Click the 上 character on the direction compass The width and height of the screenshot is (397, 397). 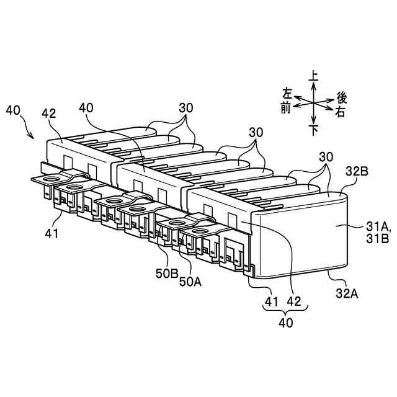[314, 76]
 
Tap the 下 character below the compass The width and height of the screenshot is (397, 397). [314, 130]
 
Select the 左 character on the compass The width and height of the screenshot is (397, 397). [287, 94]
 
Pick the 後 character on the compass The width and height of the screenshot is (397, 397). [341, 97]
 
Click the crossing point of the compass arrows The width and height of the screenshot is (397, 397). [314, 102]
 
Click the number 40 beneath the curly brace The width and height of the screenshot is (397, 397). [285, 323]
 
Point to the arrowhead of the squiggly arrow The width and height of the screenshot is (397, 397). [35, 138]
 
